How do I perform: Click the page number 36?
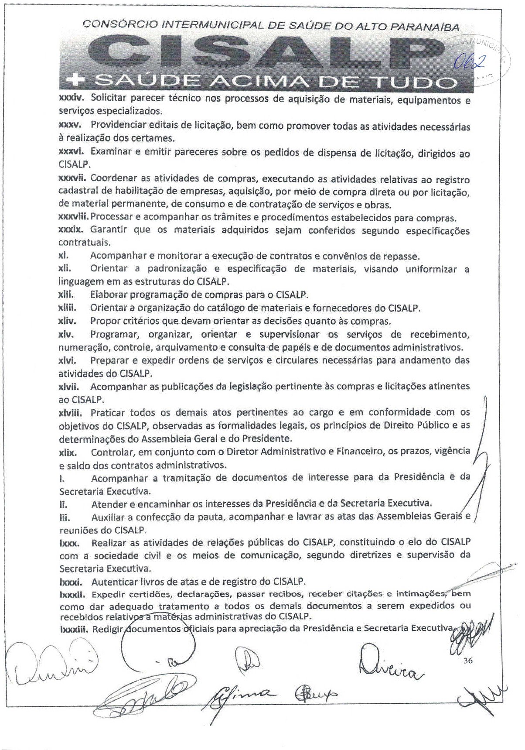pos(468,660)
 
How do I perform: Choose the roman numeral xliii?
pos(68,308)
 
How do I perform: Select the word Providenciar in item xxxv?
pos(115,125)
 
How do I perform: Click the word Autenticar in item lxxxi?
pos(113,582)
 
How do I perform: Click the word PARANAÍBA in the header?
pos(424,27)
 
